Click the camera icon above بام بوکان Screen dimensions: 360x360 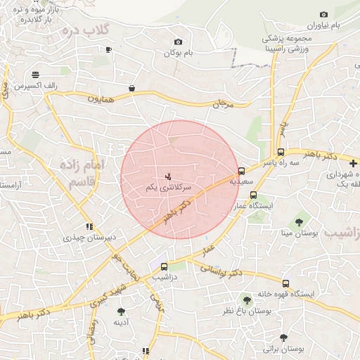(177, 42)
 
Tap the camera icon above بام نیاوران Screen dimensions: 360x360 (323, 14)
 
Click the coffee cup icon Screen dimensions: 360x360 (108, 49)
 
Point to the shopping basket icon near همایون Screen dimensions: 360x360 (132, 88)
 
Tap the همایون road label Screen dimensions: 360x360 (100, 98)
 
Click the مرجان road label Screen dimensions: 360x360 (221, 103)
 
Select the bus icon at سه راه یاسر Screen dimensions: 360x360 (281, 152)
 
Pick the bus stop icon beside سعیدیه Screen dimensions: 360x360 (242, 170)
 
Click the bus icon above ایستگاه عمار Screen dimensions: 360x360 (253, 195)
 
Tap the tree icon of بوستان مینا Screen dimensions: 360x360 (299, 222)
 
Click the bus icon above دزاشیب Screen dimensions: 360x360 (165, 266)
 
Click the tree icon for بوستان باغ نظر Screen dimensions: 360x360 (246, 299)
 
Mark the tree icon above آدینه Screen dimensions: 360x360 (121, 311)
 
